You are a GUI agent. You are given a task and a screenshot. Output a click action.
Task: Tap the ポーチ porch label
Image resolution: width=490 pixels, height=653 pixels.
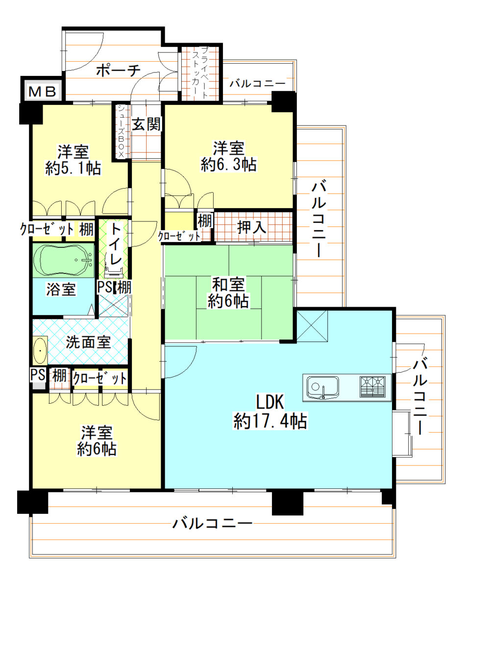click(118, 71)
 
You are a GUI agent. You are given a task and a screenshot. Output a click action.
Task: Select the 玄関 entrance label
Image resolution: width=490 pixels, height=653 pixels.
click(146, 124)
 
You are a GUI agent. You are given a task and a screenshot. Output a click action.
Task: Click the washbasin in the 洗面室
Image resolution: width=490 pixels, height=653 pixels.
click(40, 351)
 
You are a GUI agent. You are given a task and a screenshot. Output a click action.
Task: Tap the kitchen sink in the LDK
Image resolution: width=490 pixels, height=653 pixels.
click(322, 387)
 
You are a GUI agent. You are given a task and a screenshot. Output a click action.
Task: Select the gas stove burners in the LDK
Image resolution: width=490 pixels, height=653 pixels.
click(373, 387)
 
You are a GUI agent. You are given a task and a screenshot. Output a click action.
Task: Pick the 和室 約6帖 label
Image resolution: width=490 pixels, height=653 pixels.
click(228, 292)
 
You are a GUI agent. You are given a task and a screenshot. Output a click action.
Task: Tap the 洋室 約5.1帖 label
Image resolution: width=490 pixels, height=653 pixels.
click(73, 160)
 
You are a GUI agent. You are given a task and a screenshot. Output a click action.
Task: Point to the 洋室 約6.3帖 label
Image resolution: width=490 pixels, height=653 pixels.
click(228, 156)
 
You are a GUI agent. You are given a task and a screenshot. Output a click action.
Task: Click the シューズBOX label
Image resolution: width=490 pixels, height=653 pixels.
click(121, 131)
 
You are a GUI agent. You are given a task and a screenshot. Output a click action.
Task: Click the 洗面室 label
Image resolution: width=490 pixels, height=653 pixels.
click(88, 342)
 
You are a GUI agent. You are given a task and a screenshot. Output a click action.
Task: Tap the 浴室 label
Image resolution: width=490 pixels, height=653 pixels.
click(61, 289)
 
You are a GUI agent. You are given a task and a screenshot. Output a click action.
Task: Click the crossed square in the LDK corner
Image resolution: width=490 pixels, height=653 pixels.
click(312, 326)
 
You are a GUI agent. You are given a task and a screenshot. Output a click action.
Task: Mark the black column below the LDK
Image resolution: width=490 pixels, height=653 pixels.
click(288, 503)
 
